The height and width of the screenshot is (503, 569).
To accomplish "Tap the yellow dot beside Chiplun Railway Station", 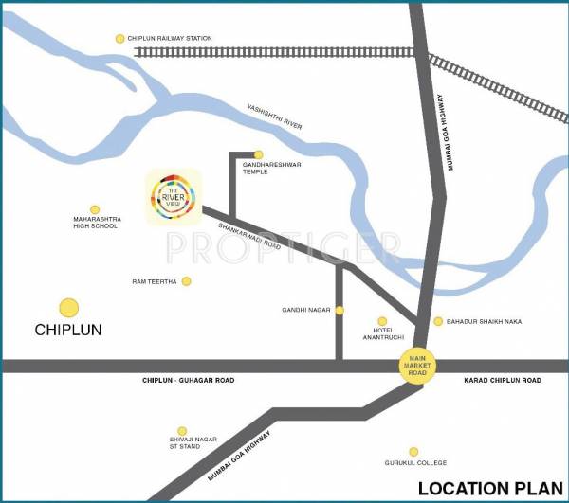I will (x=119, y=39).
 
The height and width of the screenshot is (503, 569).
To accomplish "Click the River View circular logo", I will (x=173, y=197).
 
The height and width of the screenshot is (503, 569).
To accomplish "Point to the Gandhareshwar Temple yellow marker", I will (x=258, y=154).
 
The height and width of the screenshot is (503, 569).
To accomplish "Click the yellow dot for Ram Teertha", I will (x=186, y=281).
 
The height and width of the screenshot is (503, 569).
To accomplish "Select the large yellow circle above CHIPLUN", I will (x=68, y=308).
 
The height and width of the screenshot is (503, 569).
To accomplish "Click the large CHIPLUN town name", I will (x=67, y=331).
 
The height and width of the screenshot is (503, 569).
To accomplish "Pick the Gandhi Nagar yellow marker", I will (x=340, y=310).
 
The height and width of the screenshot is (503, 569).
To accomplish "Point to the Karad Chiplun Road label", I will (x=503, y=380).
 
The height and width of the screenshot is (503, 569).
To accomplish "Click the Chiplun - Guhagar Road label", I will (x=188, y=380).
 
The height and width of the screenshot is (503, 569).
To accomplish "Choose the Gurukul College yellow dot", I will (x=413, y=452).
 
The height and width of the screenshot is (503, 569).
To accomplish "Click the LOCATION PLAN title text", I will (x=489, y=489).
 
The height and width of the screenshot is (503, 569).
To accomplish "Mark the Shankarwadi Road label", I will (x=250, y=230).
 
